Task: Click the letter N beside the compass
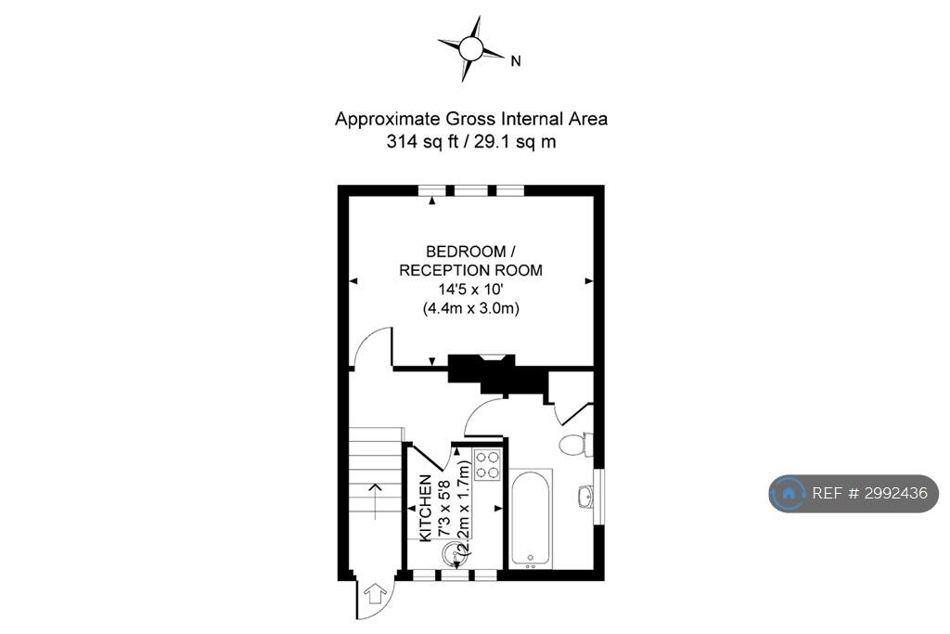(516, 60)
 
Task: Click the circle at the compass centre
(470, 48)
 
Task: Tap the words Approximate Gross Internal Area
(470, 119)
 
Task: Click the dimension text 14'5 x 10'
(470, 289)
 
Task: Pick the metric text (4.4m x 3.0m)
(470, 308)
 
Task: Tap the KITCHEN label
(426, 508)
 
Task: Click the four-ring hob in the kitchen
(488, 465)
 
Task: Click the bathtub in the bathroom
(531, 518)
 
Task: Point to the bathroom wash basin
(585, 498)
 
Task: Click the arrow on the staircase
(376, 501)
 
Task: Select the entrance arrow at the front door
(375, 593)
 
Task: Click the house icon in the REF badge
(789, 494)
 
